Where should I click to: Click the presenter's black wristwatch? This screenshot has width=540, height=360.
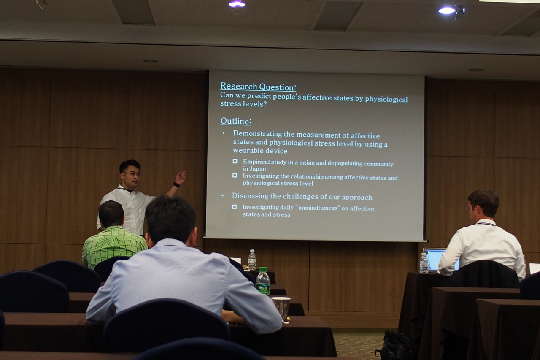[176, 185]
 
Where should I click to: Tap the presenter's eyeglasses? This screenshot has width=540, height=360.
[132, 174]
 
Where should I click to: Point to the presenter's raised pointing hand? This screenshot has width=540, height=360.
[181, 177]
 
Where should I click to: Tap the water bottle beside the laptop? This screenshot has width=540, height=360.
[424, 263]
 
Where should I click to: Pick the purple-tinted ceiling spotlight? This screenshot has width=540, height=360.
[237, 4]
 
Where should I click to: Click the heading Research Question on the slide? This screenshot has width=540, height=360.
[258, 87]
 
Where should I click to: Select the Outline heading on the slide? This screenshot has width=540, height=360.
[236, 121]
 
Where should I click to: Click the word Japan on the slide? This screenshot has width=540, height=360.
[257, 169]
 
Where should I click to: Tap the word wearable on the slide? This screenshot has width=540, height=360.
[248, 151]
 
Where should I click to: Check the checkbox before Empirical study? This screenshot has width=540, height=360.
[235, 161]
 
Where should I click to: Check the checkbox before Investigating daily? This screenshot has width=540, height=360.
[234, 207]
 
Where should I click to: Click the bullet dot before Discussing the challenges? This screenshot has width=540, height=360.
[222, 195]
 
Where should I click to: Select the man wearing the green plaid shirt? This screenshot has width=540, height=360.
[113, 238]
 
